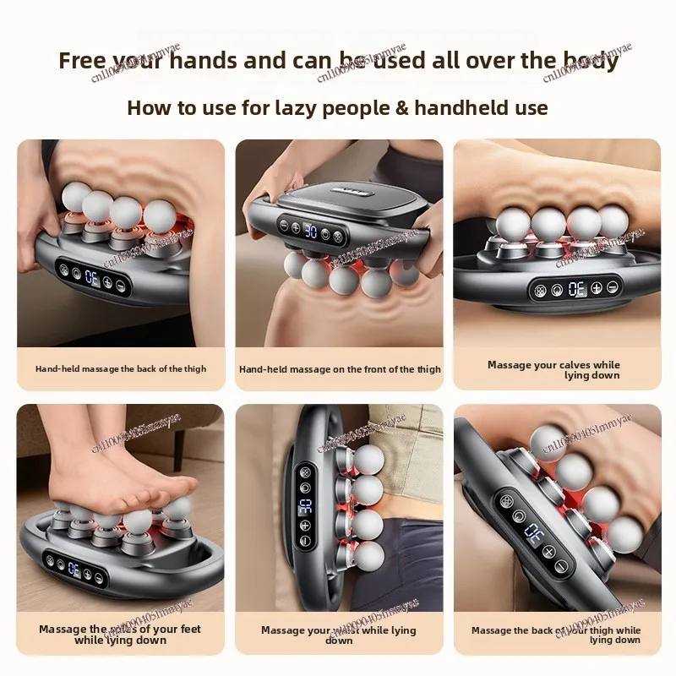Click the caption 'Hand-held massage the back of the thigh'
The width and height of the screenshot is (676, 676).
coord(121,368)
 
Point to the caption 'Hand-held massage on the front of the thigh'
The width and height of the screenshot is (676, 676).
coord(340,369)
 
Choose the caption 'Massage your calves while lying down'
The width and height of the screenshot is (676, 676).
coord(554,370)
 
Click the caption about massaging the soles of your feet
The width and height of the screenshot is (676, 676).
coord(120,635)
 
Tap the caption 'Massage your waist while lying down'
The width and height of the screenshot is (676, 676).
coord(339,635)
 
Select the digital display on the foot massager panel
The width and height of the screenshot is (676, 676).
coord(74,570)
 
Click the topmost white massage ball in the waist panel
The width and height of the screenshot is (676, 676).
coord(368,458)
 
